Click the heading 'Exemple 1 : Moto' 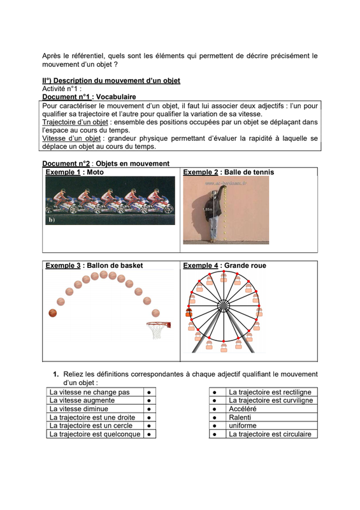click(x=75, y=172)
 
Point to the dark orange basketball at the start click(x=53, y=313)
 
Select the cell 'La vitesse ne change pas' click(x=90, y=392)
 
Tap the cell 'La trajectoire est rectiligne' click(x=270, y=392)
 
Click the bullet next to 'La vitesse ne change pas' click(x=148, y=392)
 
